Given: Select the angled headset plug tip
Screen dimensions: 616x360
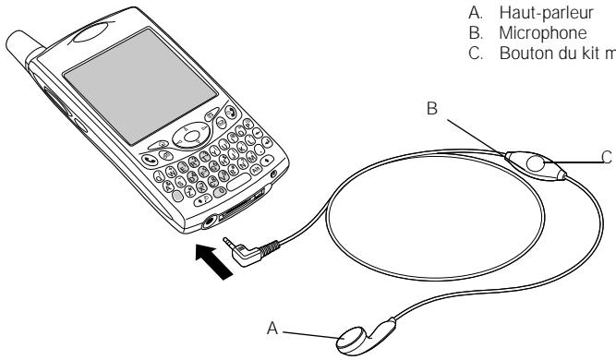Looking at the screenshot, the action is click(228, 242).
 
